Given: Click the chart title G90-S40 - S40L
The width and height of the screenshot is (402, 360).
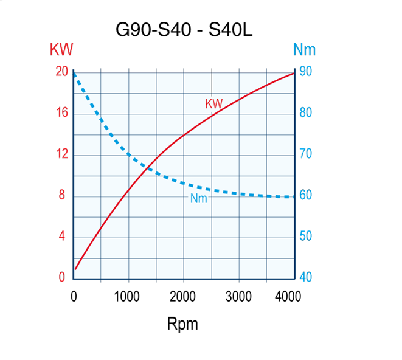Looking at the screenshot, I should tap(183, 29).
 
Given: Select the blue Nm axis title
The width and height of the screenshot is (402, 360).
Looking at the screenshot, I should tap(304, 49).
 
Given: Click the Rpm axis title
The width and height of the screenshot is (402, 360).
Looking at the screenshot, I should tap(182, 324).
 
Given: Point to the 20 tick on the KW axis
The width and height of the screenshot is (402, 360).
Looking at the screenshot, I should tap(61, 72).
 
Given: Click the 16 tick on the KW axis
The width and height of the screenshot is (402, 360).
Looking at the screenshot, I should tap(61, 113).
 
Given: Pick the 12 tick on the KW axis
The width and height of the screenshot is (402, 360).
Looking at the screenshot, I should tap(61, 154).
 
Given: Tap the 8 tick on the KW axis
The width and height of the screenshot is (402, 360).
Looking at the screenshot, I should tap(61, 196).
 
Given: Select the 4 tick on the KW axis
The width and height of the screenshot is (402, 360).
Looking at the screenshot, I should tap(61, 237).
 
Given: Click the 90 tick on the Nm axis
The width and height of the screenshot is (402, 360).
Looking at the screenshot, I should tap(306, 72).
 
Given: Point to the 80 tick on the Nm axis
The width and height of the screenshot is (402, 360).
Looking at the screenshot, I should tap(306, 113).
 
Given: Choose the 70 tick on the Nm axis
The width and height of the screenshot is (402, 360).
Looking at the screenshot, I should tap(306, 154).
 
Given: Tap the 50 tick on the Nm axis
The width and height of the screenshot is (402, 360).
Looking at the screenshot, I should tap(306, 237).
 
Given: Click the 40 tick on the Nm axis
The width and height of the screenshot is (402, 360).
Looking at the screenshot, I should tap(306, 277).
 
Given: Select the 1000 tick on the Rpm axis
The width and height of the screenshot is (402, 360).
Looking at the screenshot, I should tap(128, 297).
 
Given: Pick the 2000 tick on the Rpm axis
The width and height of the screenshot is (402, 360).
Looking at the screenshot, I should tap(183, 297).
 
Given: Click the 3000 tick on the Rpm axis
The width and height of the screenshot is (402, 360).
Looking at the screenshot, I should tap(238, 297).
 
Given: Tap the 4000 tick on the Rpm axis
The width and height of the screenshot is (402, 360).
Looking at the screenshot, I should tap(288, 297).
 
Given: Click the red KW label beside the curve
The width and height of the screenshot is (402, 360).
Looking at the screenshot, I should tap(213, 104).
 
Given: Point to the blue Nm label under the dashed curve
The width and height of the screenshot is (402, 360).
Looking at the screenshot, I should tap(199, 198).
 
